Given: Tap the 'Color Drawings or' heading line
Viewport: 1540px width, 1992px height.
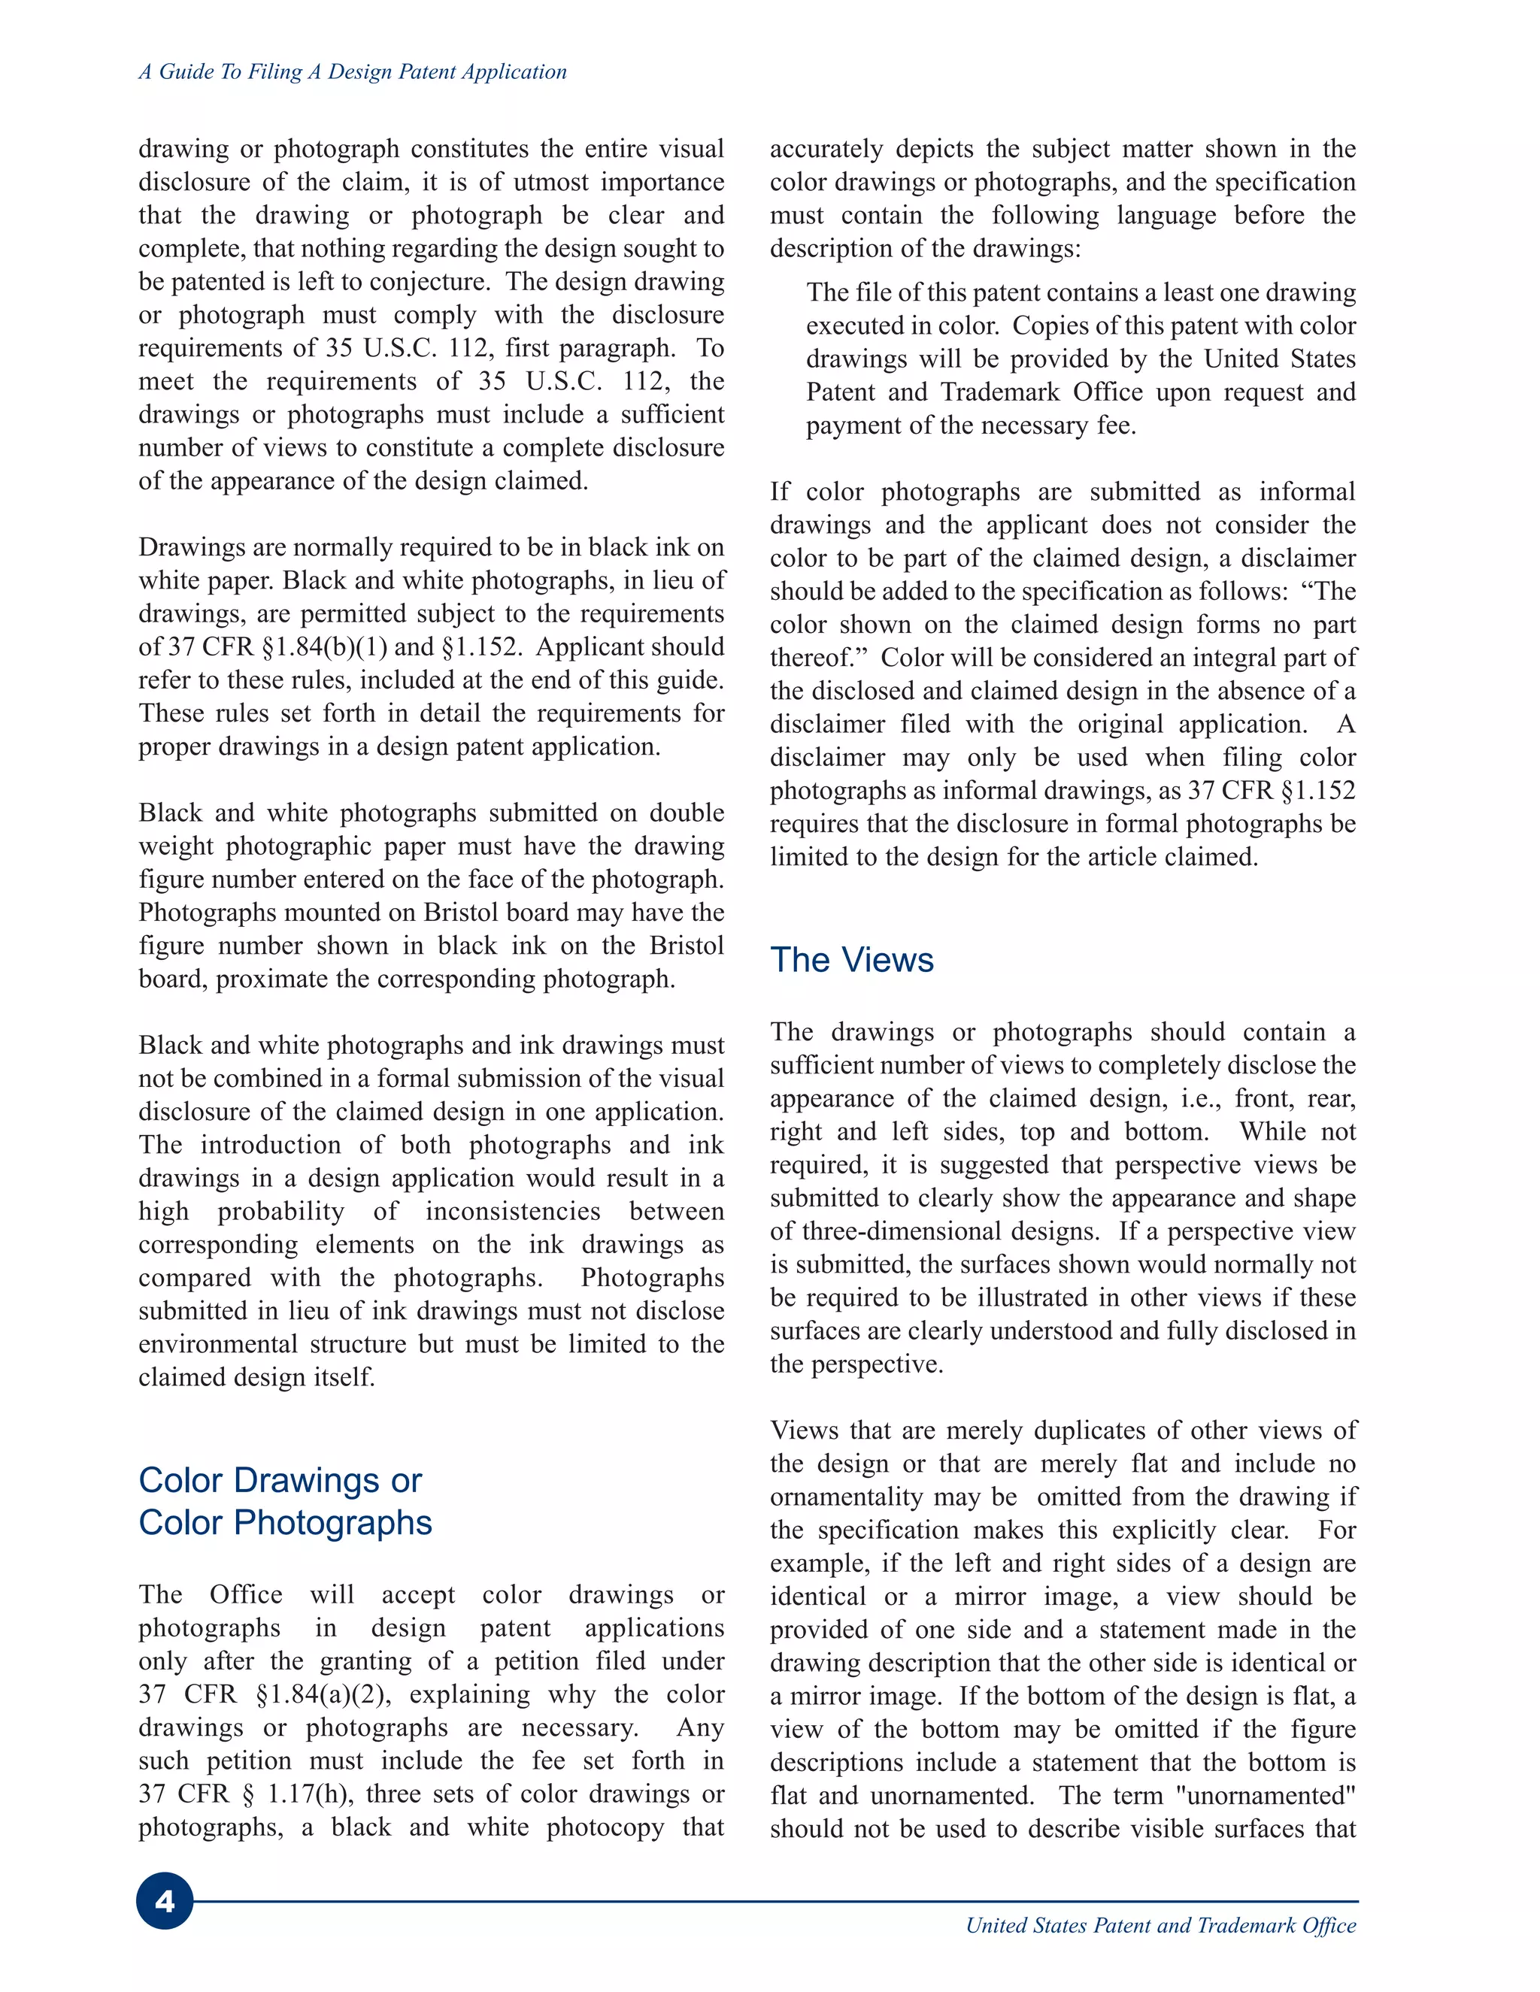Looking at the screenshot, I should pos(280,1480).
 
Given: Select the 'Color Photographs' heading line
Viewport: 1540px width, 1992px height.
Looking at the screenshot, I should pos(285,1522).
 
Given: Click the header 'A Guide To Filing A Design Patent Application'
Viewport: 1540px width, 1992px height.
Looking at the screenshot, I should pos(352,72).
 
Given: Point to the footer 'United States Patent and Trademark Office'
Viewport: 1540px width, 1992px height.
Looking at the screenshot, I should pos(1160,1925).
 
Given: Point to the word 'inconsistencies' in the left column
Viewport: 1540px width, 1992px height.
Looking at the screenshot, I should pos(513,1211).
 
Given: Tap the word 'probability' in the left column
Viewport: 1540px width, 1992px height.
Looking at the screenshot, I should pos(280,1211).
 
